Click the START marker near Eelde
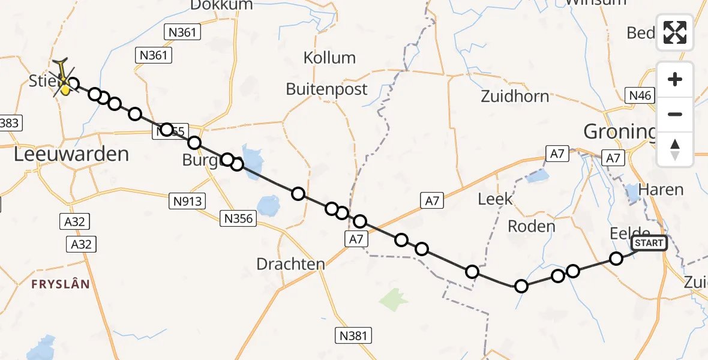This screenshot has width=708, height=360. (649, 243)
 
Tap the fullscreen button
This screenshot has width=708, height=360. (675, 32)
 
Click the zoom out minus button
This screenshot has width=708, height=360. (675, 114)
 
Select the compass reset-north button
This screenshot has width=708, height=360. (675, 149)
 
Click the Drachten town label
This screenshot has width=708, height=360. (290, 264)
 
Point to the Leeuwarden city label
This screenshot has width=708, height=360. (71, 154)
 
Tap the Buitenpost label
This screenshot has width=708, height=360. (326, 89)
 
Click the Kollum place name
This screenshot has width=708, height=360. (329, 58)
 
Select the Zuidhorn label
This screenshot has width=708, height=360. (515, 96)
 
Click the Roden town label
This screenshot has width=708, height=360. (531, 226)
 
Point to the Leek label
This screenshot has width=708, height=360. (496, 199)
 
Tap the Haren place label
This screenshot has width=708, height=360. (661, 190)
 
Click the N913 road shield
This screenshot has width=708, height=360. (188, 201)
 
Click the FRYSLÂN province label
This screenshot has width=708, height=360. (62, 284)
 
